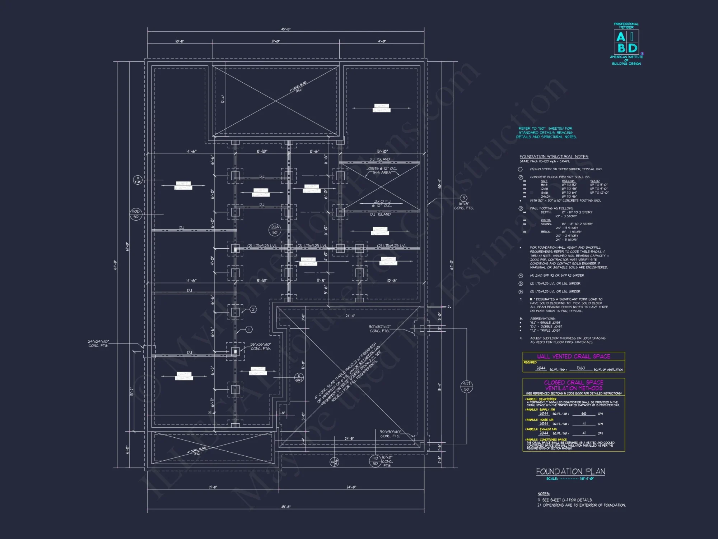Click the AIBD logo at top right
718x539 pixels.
pyautogui.click(x=626, y=42)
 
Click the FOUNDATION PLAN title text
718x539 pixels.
pyautogui.click(x=570, y=471)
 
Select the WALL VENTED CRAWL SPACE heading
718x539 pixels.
pyautogui.click(x=573, y=356)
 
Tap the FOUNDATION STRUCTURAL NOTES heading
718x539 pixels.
pyautogui.click(x=554, y=157)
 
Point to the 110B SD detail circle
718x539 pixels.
pyautogui.click(x=136, y=214)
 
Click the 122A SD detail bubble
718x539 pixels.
pyautogui.click(x=275, y=230)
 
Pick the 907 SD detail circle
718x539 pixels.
pyautogui.click(x=466, y=386)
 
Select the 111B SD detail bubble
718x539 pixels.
pyautogui.click(x=375, y=461)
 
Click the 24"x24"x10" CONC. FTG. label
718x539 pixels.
pyautogui.click(x=98, y=344)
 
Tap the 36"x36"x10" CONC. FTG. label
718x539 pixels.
pyautogui.click(x=261, y=346)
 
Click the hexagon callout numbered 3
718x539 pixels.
pyautogui.click(x=463, y=198)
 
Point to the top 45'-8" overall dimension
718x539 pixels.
pyautogui.click(x=286, y=29)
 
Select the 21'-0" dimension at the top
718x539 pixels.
pyautogui.click(x=275, y=41)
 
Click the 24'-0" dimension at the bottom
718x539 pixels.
pyautogui.click(x=351, y=487)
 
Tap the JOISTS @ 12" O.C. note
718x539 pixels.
pyautogui.click(x=382, y=170)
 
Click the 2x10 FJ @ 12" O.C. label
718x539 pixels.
pyautogui.click(x=382, y=203)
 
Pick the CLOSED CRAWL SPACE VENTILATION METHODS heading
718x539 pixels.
pyautogui.click(x=573, y=385)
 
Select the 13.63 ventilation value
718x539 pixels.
pyautogui.click(x=581, y=368)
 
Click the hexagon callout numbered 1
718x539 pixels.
pyautogui.click(x=249, y=330)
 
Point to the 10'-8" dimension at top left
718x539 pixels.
pyautogui.click(x=179, y=41)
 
